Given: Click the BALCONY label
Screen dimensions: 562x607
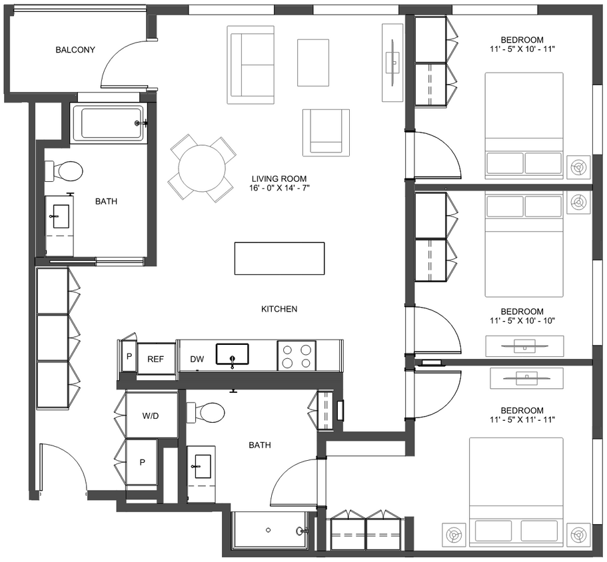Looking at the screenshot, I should [75, 50].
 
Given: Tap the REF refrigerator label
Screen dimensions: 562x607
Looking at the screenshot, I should [155, 359].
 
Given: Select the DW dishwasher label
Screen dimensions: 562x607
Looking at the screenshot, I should [197, 359].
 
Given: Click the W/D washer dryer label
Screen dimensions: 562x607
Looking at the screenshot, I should [151, 416].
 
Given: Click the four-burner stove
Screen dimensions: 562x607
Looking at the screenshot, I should [296, 354].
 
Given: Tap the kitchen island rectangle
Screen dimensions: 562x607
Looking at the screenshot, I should [279, 258].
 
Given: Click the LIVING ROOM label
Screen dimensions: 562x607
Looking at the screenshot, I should [279, 178].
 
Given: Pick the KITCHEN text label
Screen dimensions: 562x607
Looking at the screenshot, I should [279, 309].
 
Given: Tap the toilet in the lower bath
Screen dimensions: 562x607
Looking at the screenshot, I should [207, 412].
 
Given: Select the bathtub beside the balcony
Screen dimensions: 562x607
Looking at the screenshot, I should [108, 123].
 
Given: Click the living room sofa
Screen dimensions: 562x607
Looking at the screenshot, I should [251, 65].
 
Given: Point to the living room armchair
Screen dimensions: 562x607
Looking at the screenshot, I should [326, 133].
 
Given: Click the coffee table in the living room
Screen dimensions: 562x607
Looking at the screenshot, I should [313, 62].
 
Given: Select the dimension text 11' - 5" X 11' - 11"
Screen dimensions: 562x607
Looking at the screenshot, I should [522, 420].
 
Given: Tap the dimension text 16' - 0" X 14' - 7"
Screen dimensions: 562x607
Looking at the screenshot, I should [279, 188].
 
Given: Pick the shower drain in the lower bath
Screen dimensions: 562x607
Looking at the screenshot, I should [268, 530].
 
